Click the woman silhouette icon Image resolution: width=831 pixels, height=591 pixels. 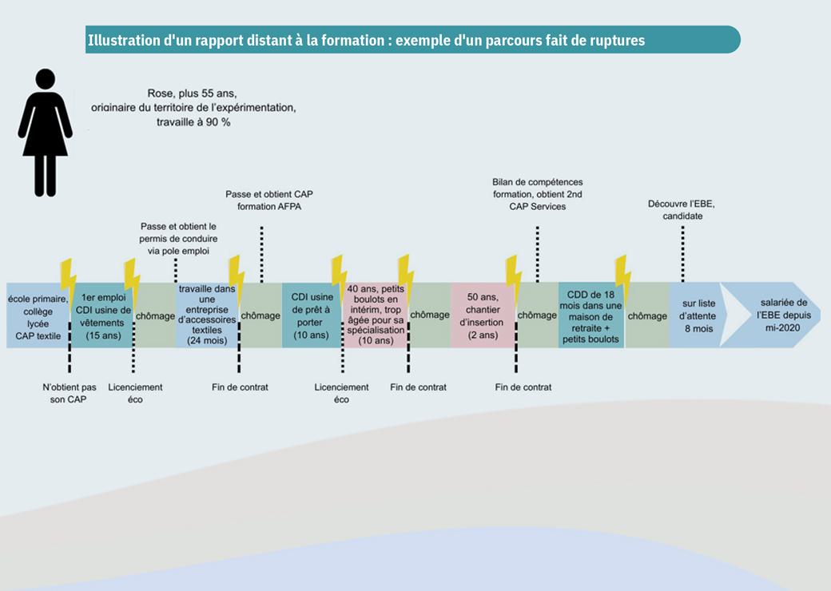(46, 132)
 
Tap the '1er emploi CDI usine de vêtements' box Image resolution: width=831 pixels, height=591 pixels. (102, 316)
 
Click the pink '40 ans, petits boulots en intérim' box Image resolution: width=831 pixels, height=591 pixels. (375, 315)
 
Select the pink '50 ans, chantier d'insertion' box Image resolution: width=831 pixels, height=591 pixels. (482, 315)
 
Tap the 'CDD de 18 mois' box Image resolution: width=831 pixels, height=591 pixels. (590, 315)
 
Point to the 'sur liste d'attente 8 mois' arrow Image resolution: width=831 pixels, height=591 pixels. (696, 315)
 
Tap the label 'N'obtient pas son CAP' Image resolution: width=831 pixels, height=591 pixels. (70, 393)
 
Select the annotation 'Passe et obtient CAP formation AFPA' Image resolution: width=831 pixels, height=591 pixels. (263, 200)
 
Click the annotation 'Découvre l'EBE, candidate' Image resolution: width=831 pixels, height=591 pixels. (682, 209)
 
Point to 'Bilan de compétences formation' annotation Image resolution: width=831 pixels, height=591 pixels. (537, 194)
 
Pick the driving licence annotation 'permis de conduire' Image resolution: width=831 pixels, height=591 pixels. (178, 239)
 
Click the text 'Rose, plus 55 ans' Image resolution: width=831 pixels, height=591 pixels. (191, 93)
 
